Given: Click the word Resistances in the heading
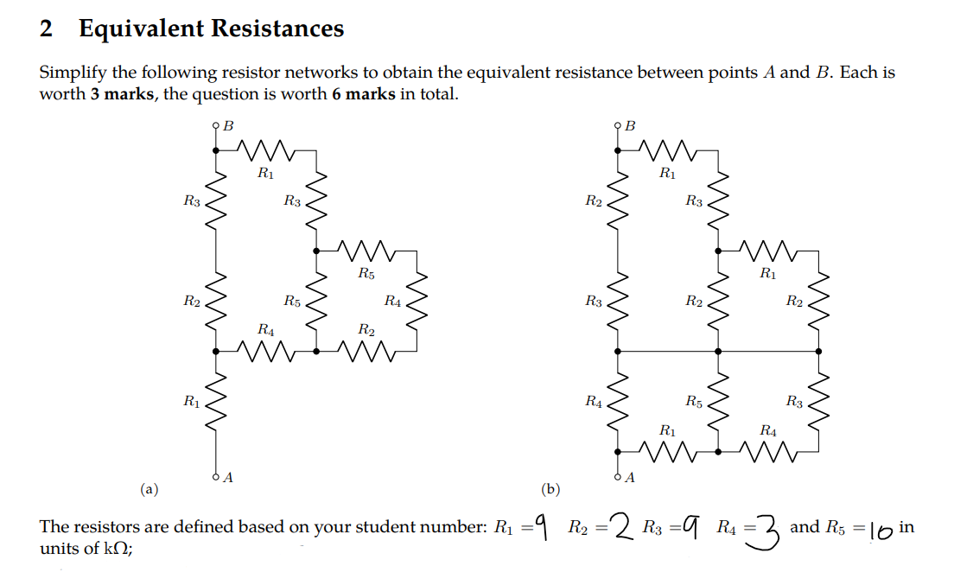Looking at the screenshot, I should [x=277, y=29].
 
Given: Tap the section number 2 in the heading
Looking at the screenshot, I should [x=47, y=29].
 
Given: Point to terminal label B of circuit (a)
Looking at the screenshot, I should [x=228, y=126].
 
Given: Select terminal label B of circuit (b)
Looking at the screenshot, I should [x=630, y=126].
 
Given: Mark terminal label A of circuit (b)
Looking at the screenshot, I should [x=631, y=476].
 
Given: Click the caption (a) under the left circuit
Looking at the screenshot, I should [x=150, y=490].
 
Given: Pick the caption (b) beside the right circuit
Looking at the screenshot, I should [x=550, y=490].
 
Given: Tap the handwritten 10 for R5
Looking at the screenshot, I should [x=881, y=529].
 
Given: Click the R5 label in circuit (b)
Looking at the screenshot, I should [x=694, y=401].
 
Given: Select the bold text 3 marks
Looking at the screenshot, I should [x=121, y=93].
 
